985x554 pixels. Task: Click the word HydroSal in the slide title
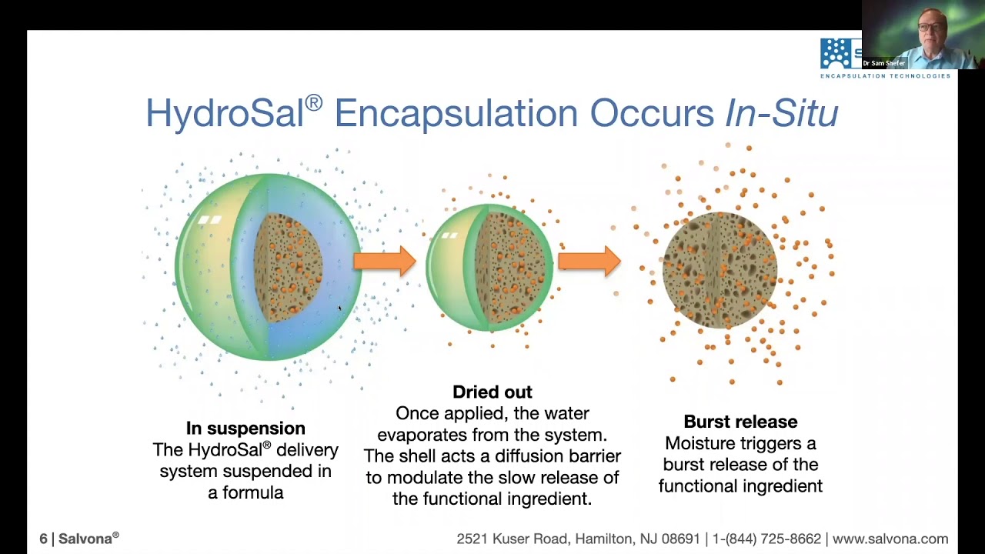tap(225, 114)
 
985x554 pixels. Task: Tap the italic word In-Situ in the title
tap(781, 114)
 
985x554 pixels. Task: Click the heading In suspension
tap(245, 428)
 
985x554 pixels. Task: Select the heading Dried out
tap(492, 392)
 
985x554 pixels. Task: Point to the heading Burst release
tap(740, 422)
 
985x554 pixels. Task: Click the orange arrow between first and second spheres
tap(384, 261)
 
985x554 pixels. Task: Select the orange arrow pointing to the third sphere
tap(589, 261)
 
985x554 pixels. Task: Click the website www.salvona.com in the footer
tap(890, 539)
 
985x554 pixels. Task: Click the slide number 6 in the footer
tap(44, 539)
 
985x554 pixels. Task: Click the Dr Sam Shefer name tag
tap(883, 63)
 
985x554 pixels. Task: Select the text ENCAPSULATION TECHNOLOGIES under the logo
tap(885, 75)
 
